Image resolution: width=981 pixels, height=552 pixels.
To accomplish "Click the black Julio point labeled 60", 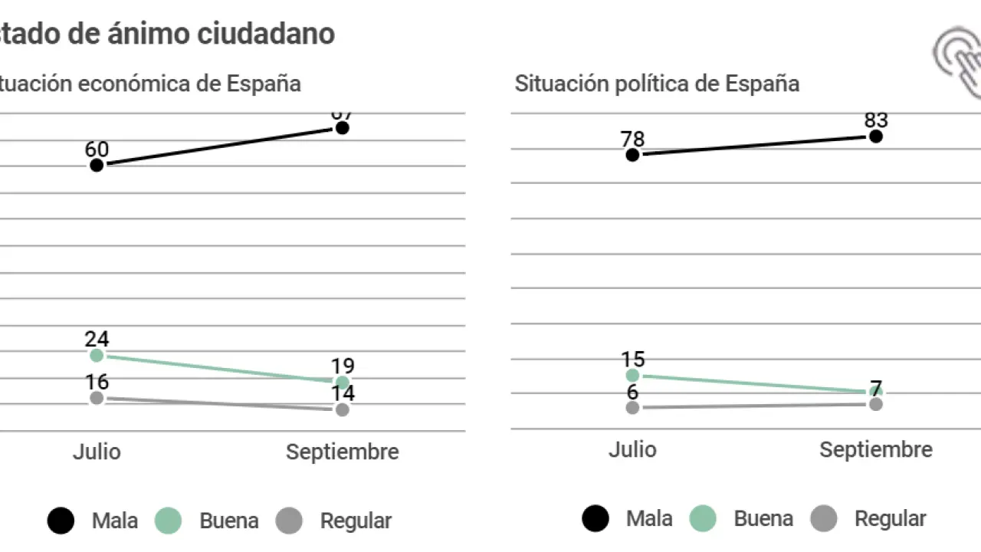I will [x=97, y=165].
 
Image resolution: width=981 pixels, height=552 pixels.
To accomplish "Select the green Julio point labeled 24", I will [x=97, y=355].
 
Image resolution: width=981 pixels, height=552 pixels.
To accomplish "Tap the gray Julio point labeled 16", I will [x=97, y=398].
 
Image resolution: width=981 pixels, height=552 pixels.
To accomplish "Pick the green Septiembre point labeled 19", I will [x=343, y=382].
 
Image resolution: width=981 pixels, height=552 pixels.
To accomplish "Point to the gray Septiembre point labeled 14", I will [x=343, y=409].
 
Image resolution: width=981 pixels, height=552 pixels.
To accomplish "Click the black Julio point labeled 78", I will [x=632, y=155].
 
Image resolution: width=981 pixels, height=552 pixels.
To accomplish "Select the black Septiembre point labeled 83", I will [x=876, y=136].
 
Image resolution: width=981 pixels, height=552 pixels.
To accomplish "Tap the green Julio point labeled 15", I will [x=632, y=375].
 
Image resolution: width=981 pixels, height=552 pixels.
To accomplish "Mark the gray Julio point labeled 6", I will [x=632, y=407].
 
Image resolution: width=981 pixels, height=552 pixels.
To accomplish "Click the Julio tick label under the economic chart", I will [x=97, y=452].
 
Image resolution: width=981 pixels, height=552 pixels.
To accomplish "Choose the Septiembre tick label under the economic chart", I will [x=343, y=452].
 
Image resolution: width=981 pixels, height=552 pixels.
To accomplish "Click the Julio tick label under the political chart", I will [x=632, y=449].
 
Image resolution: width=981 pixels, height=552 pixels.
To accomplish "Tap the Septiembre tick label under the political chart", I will [x=876, y=449].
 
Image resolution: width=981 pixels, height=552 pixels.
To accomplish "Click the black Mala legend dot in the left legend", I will [x=61, y=521].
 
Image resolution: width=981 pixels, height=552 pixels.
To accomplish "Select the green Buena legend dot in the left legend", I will [x=169, y=521].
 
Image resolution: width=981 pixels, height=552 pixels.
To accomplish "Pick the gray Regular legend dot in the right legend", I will [x=824, y=519].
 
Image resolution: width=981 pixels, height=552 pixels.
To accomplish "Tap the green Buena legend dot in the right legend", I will [x=703, y=519].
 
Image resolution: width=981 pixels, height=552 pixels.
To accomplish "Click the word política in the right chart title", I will [x=651, y=83].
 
